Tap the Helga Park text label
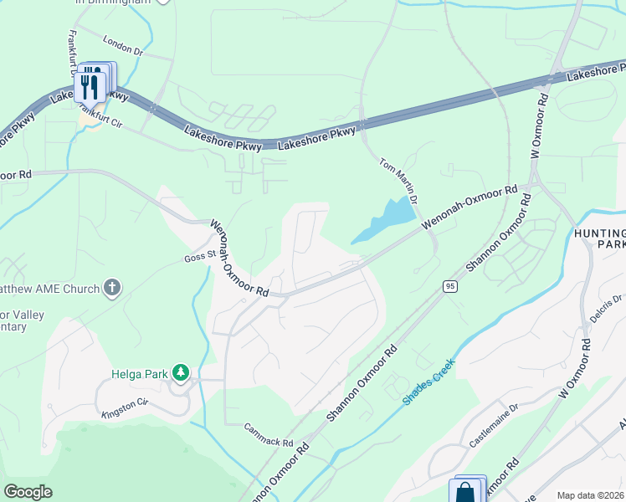[140, 373]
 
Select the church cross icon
[112, 289]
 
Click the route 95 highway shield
[450, 286]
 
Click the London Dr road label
[124, 45]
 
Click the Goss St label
[200, 255]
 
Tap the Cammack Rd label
[269, 434]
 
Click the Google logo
[28, 491]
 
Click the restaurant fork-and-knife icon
[90, 86]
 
